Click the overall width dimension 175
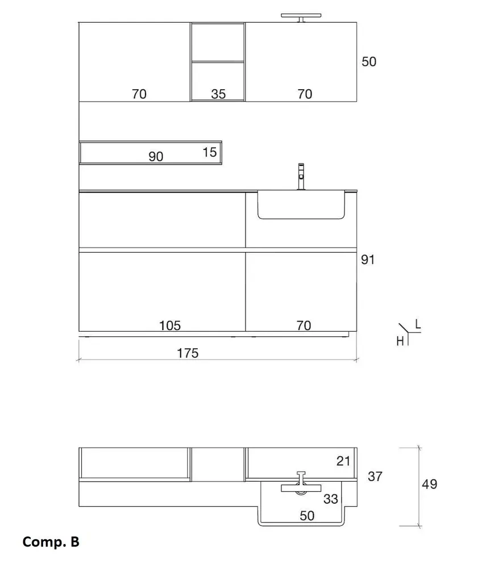click(188, 353)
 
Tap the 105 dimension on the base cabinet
click(169, 325)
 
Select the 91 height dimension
click(368, 260)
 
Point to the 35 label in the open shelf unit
click(218, 94)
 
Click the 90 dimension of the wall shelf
click(156, 156)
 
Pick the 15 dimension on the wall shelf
click(210, 152)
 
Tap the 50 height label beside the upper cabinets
click(369, 61)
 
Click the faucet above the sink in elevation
click(301, 177)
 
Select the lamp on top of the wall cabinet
click(301, 18)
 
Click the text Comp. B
click(51, 542)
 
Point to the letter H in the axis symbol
click(400, 341)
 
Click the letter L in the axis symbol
click(418, 324)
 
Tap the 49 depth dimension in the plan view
click(430, 484)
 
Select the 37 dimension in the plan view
click(375, 477)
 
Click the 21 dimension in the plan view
click(343, 461)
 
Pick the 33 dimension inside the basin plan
click(330, 499)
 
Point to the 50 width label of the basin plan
click(307, 516)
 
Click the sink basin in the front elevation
click(301, 205)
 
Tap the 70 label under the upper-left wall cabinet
click(139, 94)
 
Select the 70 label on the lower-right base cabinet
click(304, 325)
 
